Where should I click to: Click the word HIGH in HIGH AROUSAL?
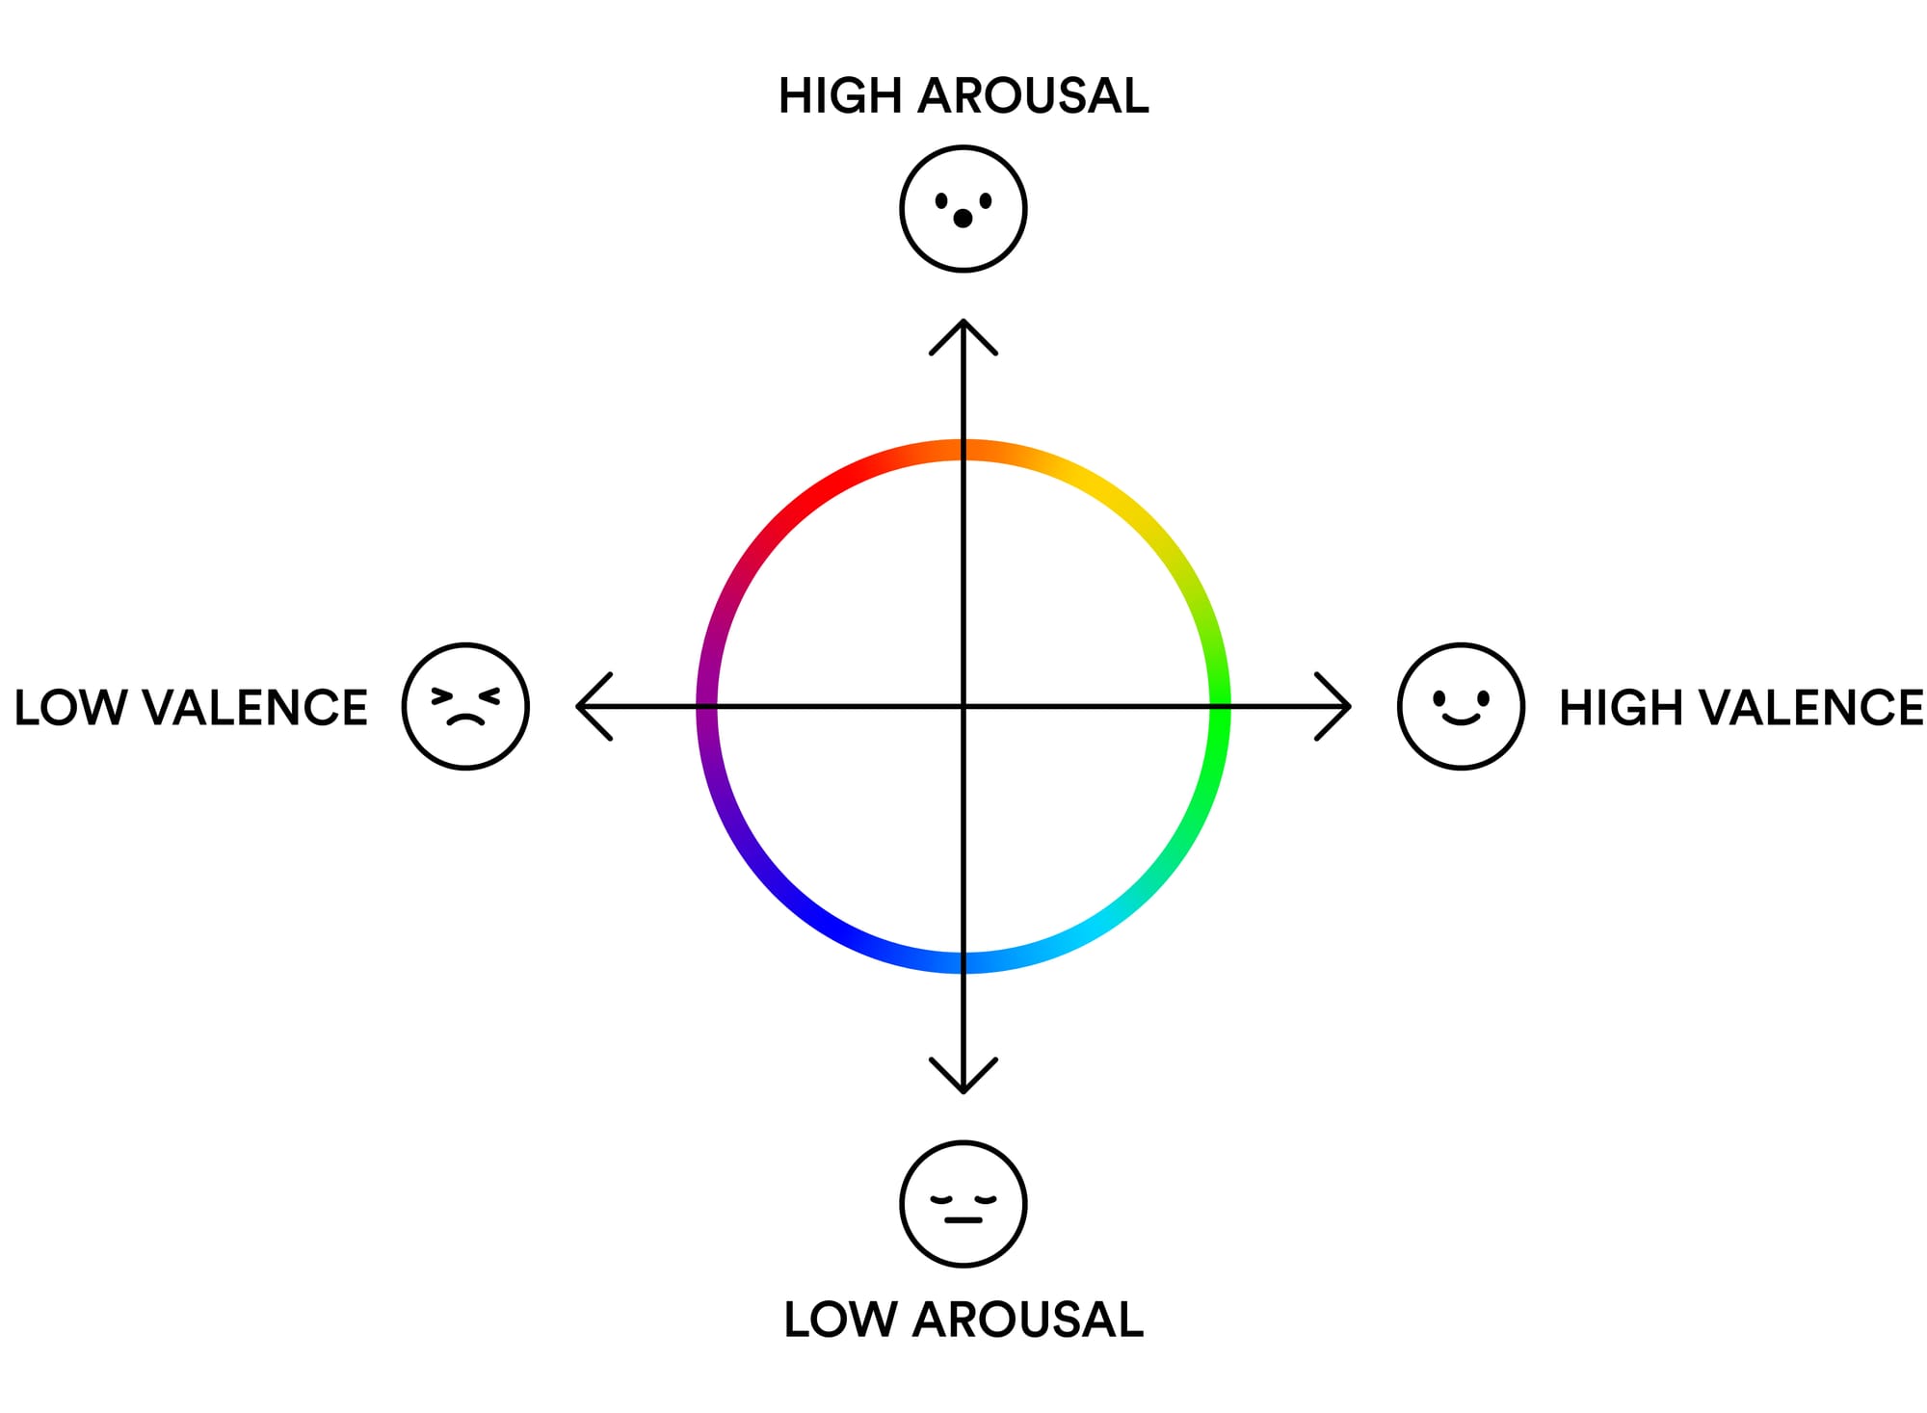841,96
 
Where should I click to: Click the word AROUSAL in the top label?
1033,96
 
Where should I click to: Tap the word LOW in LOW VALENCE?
70,708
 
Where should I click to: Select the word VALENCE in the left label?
254,708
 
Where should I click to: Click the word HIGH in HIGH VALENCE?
1622,708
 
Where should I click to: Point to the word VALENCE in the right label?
1810,708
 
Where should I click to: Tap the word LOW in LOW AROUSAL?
841,1320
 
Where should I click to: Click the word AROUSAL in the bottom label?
1028,1320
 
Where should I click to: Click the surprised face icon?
963,209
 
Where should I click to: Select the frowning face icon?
466,706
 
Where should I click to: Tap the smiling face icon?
1462,706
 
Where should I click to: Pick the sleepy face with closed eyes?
963,1204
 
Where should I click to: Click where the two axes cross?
963,706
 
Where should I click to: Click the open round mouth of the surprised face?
963,219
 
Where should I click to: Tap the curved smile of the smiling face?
1461,719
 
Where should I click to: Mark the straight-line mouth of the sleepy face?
963,1220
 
